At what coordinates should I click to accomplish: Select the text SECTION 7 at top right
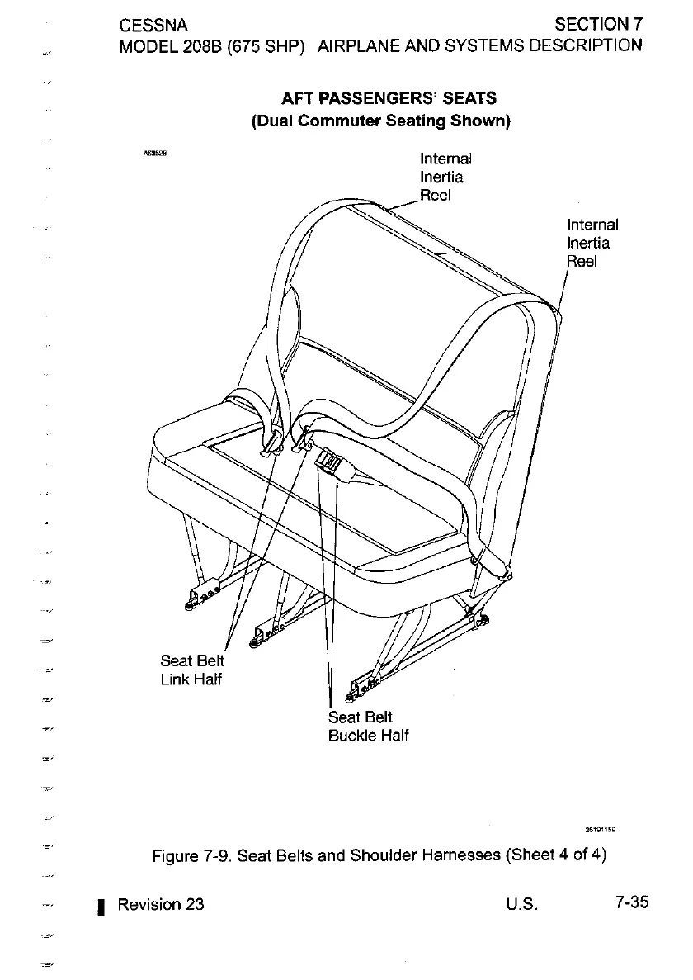click(598, 22)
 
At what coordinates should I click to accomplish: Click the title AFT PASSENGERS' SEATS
click(389, 99)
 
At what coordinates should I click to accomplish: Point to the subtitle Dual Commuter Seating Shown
click(381, 121)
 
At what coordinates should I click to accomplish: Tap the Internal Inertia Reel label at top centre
click(445, 177)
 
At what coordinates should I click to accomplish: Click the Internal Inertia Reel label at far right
click(592, 243)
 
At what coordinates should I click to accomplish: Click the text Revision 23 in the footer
click(161, 903)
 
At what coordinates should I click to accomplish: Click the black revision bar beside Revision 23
click(99, 907)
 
